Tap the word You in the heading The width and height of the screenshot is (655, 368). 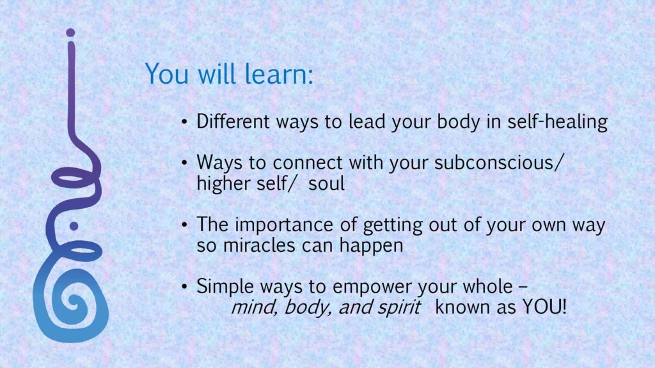pyautogui.click(x=166, y=74)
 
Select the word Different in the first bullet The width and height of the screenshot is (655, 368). pyautogui.click(x=233, y=121)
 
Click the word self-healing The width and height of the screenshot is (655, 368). pyautogui.click(x=557, y=122)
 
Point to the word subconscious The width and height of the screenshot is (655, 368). pyautogui.click(x=494, y=162)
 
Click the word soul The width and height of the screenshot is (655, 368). pyautogui.click(x=326, y=183)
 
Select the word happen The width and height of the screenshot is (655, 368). pyautogui.click(x=371, y=246)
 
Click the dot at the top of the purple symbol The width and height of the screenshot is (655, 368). pyautogui.click(x=70, y=33)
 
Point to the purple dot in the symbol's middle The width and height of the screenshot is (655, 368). pyautogui.click(x=74, y=226)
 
